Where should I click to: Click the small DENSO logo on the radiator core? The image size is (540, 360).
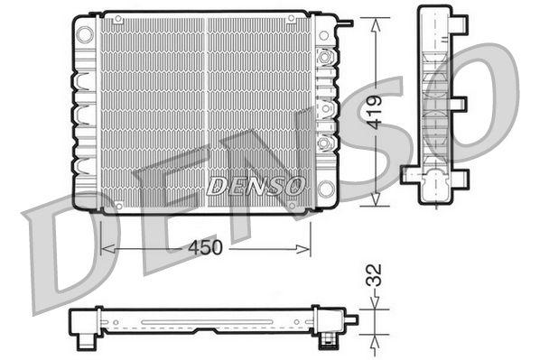click(x=256, y=186)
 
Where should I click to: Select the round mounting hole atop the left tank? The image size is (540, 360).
click(x=85, y=34)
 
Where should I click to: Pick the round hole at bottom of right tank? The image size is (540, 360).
click(x=325, y=188)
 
